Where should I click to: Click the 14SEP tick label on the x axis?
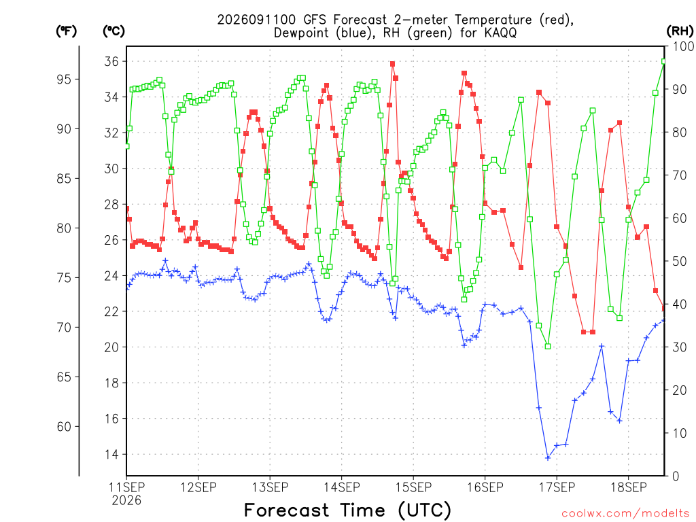(342, 487)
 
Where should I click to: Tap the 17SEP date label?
(557, 487)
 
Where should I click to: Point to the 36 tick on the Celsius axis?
(111, 61)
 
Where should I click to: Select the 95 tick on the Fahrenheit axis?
(64, 79)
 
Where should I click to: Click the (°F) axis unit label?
(66, 31)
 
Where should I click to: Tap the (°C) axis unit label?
(114, 31)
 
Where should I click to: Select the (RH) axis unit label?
(680, 31)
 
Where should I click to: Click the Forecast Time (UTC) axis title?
(347, 510)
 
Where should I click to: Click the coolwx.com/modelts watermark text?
(625, 514)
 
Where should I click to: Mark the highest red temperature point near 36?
(392, 64)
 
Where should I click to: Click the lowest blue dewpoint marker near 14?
(548, 457)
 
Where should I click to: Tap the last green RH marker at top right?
(664, 62)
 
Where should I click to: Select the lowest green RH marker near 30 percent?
(548, 346)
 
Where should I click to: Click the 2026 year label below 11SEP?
(126, 501)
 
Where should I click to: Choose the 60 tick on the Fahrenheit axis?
(64, 427)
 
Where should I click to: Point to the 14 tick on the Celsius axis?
(111, 454)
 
